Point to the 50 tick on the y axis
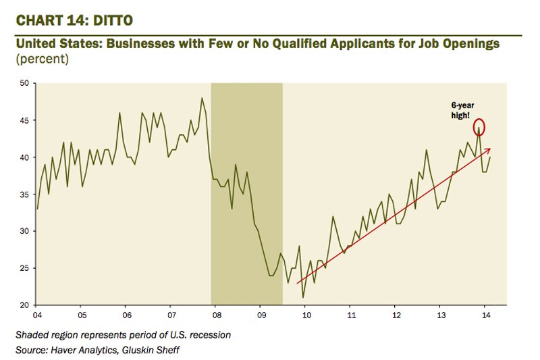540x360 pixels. tap(24, 83)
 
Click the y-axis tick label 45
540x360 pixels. tap(24, 120)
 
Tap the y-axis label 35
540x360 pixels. tap(24, 194)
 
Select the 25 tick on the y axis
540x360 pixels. tap(24, 268)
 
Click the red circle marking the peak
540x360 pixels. tap(479, 127)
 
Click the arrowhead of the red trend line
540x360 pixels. tap(489, 149)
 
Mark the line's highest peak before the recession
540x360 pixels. tap(202, 98)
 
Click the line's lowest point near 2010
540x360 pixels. tap(303, 297)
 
